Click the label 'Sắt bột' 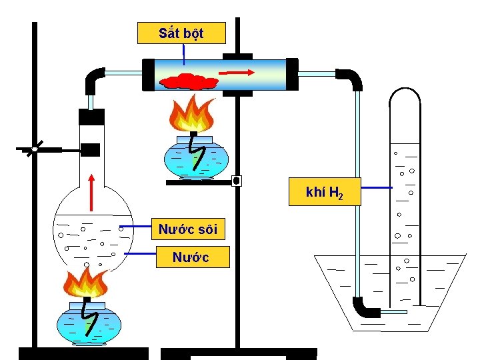(x=181, y=33)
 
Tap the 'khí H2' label (x=324, y=193)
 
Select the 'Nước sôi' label (x=188, y=230)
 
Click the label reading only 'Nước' (x=191, y=257)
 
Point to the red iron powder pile (x=190, y=81)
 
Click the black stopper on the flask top (x=91, y=117)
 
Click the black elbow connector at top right (x=350, y=79)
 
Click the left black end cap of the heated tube (x=148, y=73)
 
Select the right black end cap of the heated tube (x=292, y=73)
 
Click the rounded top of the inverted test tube (x=405, y=97)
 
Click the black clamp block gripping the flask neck (x=90, y=149)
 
